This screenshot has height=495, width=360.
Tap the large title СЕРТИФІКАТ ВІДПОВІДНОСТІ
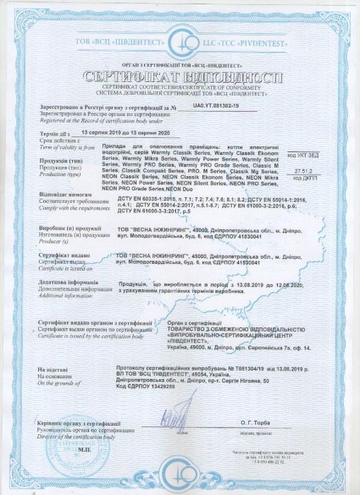point(180,76)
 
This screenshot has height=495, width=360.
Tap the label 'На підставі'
point(54,370)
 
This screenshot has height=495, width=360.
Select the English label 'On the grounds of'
point(53,383)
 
